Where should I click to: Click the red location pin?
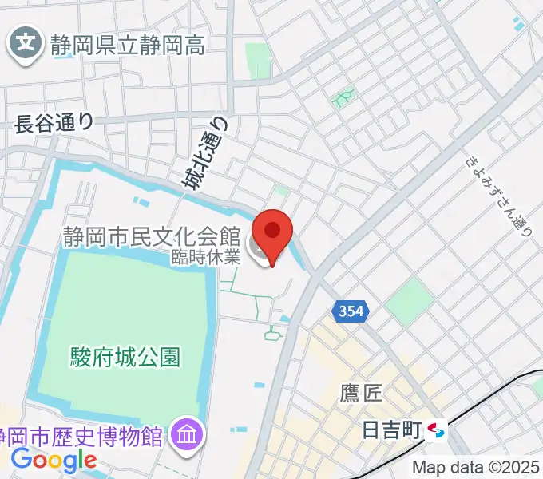click(273, 232)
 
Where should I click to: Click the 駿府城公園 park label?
click(125, 354)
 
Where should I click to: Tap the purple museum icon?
click(189, 435)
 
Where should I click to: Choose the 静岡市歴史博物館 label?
click(84, 436)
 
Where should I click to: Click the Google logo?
click(54, 460)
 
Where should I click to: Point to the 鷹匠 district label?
click(361, 393)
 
